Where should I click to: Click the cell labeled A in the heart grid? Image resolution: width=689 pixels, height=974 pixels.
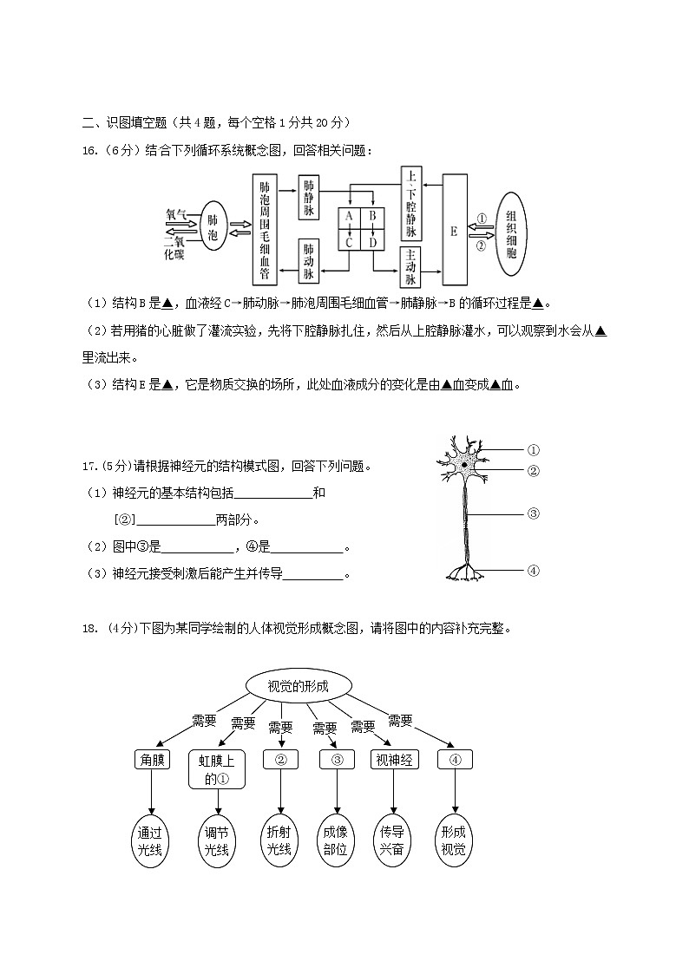click(349, 215)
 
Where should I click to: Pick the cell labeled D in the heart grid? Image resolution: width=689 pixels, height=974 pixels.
click(373, 243)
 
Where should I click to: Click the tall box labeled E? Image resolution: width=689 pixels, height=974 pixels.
click(454, 231)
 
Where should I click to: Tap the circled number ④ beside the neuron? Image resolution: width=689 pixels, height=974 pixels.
click(534, 570)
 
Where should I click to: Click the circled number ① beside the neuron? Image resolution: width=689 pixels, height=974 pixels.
click(534, 450)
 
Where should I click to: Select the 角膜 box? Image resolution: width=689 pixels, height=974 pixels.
click(151, 760)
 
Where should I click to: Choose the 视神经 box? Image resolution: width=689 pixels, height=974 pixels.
click(394, 760)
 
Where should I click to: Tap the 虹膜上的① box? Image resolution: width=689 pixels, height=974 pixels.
click(217, 769)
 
